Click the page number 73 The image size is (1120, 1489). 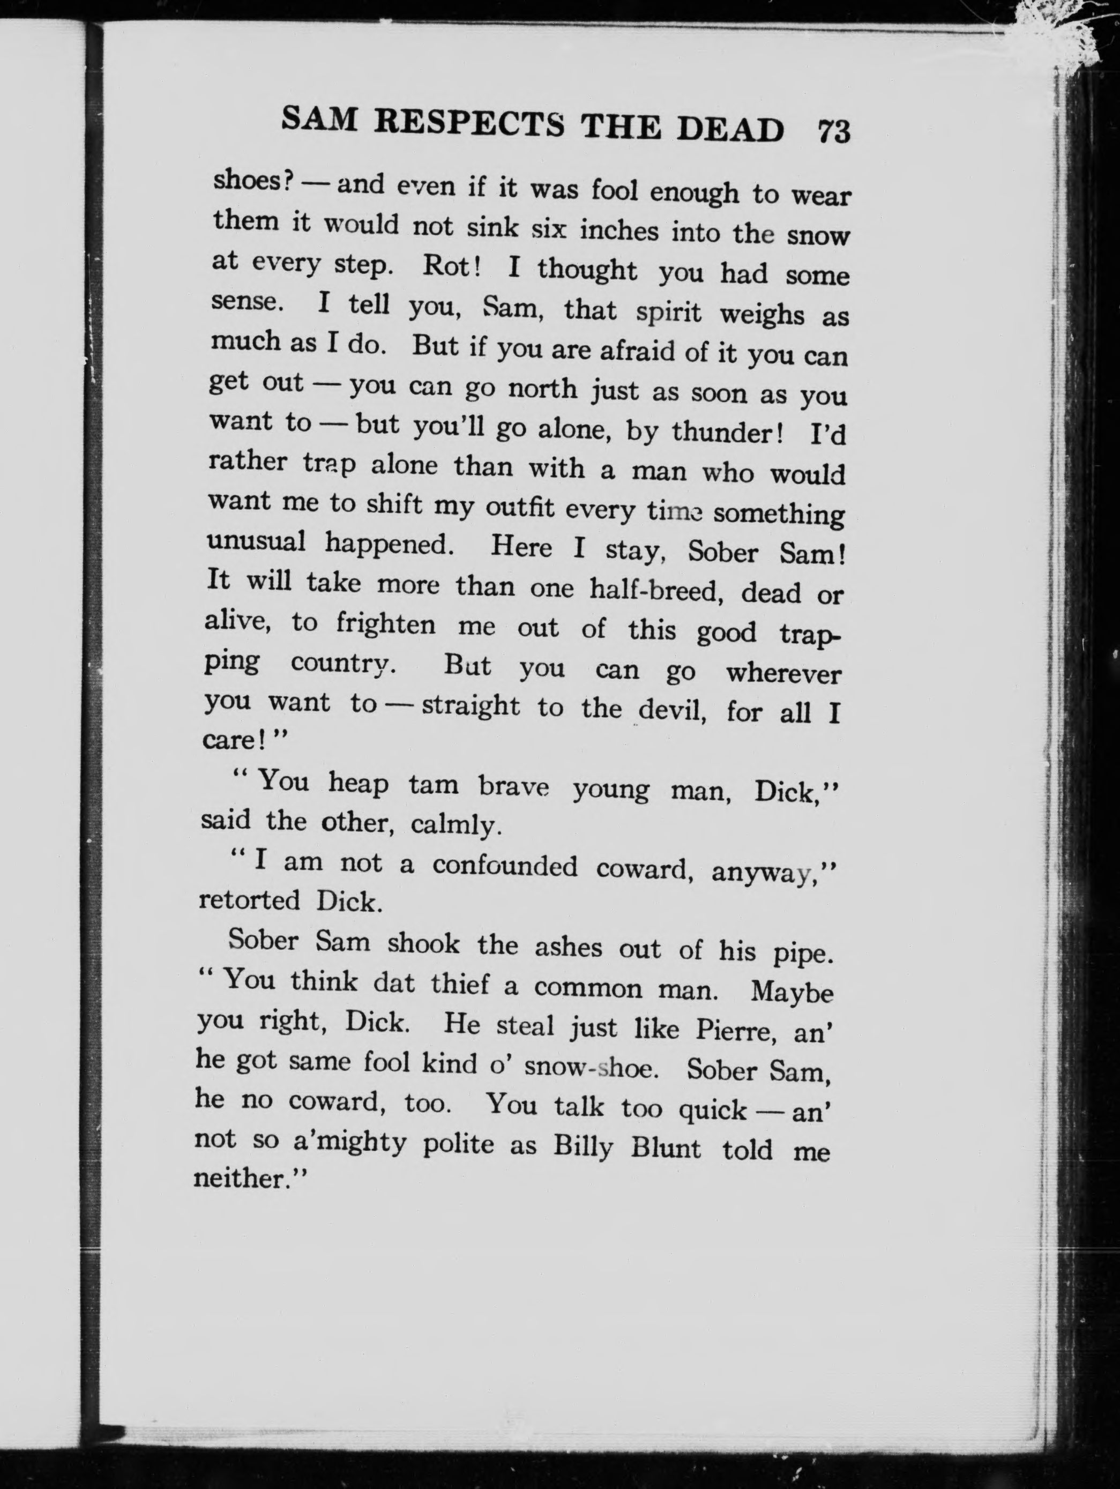pos(834,131)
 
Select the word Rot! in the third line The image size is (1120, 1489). pos(451,266)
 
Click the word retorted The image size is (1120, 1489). pos(249,900)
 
